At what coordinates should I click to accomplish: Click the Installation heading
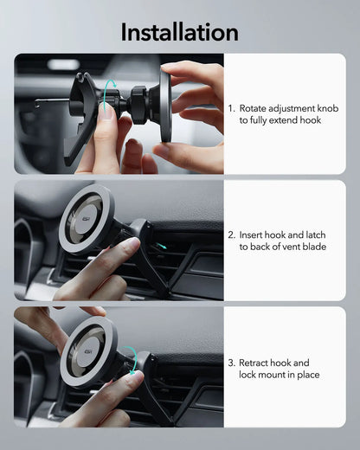[x=179, y=32]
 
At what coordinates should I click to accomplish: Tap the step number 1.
[x=231, y=108]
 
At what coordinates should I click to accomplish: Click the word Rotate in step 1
[x=254, y=108]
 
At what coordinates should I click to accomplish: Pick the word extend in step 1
[x=285, y=120]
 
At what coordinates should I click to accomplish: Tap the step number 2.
[x=231, y=235]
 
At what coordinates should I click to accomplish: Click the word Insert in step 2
[x=252, y=235]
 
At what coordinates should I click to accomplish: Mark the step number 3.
[x=231, y=363]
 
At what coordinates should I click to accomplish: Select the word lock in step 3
[x=248, y=375]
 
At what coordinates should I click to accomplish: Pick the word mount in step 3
[x=278, y=375]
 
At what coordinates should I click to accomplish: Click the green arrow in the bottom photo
[x=129, y=356]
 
